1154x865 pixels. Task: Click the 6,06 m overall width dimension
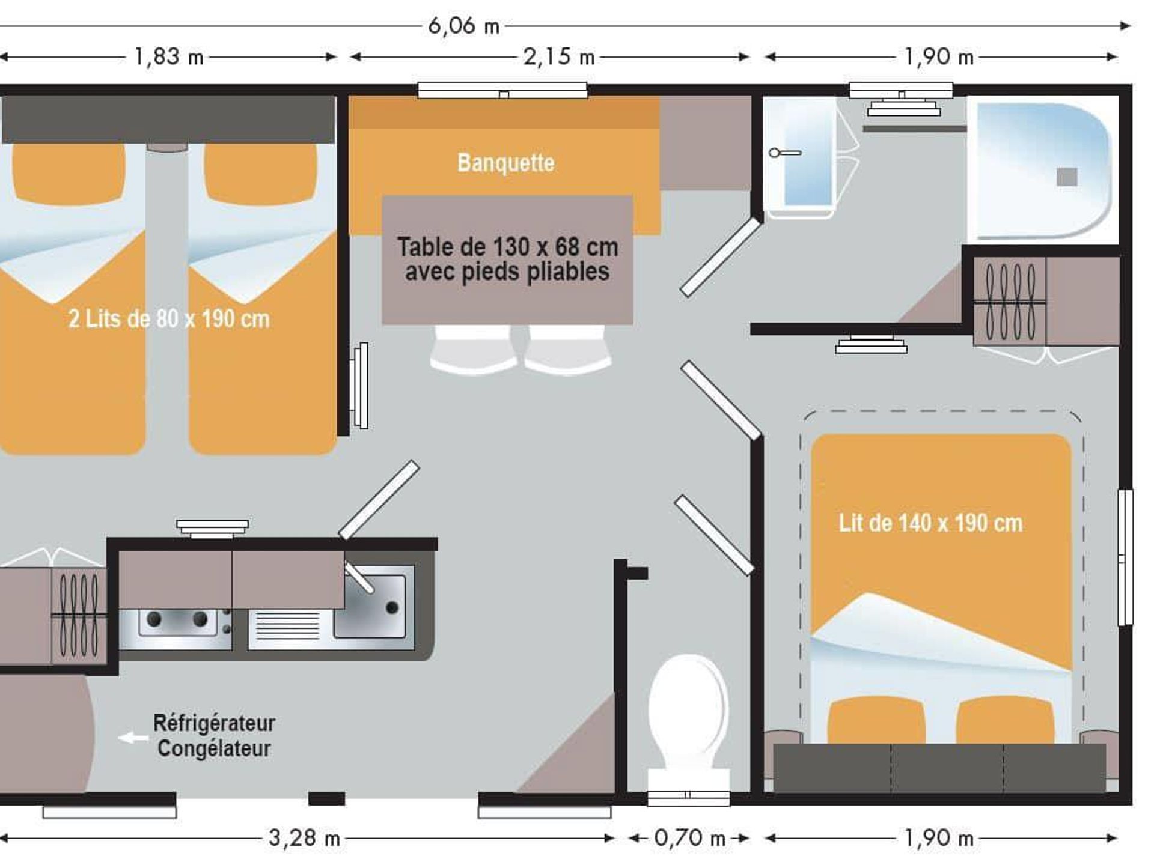(463, 26)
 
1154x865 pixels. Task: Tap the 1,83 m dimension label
(169, 57)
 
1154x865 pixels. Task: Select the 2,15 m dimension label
(559, 57)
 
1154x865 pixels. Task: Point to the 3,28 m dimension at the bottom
(304, 838)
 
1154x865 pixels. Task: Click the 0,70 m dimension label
(689, 838)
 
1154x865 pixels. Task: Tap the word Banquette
(505, 163)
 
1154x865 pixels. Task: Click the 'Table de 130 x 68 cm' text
(507, 247)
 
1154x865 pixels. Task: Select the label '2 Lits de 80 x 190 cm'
(169, 319)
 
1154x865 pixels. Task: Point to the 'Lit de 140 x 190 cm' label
(930, 523)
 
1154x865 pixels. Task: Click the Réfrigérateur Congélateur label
(214, 736)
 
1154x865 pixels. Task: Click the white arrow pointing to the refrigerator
(133, 738)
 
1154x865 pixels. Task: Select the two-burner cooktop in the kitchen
(176, 628)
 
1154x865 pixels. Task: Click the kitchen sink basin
(370, 605)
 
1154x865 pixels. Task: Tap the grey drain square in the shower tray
(1067, 177)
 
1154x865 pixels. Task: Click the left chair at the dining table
(473, 350)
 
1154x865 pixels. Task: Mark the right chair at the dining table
(567, 350)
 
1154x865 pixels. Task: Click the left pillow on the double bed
(876, 721)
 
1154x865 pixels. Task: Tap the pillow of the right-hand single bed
(261, 174)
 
